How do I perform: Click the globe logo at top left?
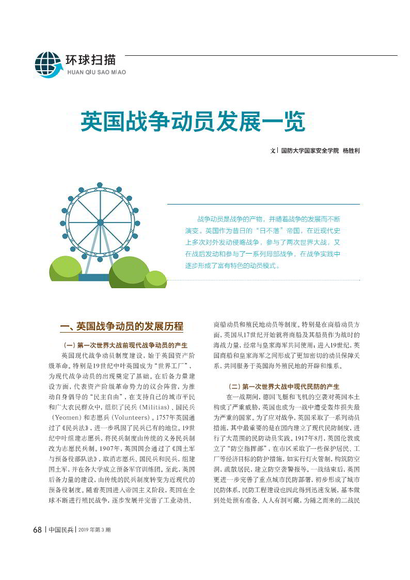(x=48, y=65)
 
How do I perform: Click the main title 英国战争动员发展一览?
(x=190, y=120)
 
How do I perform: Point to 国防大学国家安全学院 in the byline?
(x=310, y=151)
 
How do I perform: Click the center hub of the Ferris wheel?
(x=100, y=223)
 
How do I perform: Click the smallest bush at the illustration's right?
(x=155, y=279)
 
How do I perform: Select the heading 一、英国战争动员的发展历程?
(x=122, y=326)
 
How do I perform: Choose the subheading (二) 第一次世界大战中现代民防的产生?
(x=283, y=386)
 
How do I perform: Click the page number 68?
(x=37, y=529)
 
